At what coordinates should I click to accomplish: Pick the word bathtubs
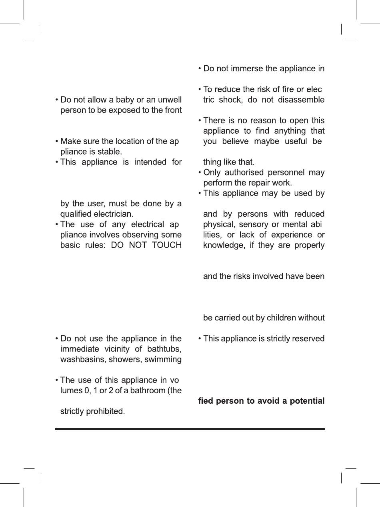click(165, 349)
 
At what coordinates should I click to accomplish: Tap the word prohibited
click(105, 411)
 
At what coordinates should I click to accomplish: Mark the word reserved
click(308, 338)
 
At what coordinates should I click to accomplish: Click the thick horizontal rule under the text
click(190, 429)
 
